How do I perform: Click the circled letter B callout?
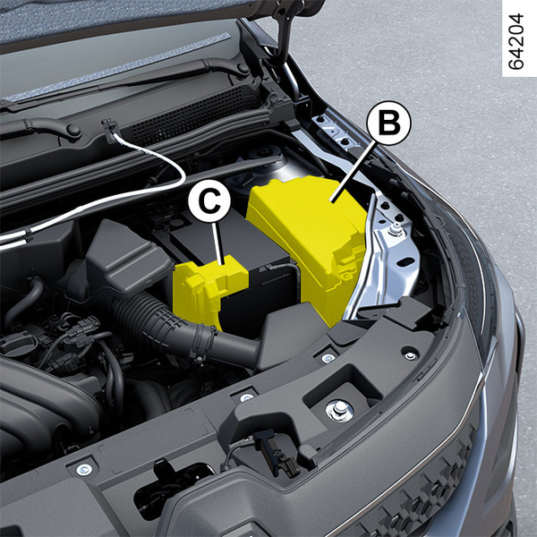(x=388, y=123)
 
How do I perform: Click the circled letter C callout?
(x=209, y=200)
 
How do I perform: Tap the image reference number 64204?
(x=516, y=41)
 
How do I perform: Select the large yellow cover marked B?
(x=305, y=240)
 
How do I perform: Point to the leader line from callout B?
(x=354, y=173)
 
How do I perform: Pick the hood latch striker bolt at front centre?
(x=340, y=410)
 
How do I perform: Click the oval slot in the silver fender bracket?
(x=406, y=262)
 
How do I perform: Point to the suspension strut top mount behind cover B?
(x=264, y=161)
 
